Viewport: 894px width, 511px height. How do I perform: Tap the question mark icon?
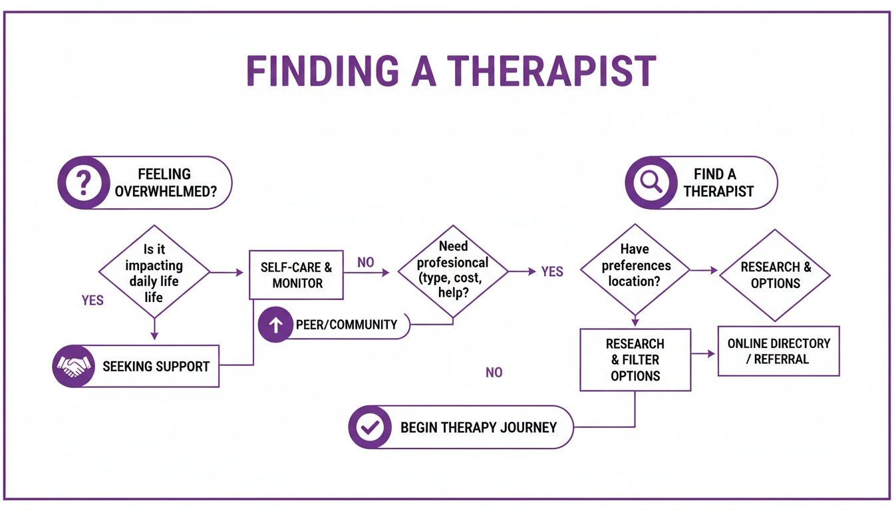click(x=83, y=182)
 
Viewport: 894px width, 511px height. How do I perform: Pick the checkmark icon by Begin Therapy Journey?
click(x=370, y=427)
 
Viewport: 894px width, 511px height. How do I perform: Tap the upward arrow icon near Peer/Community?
click(x=276, y=325)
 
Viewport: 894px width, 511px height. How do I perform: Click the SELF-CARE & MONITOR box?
click(x=297, y=275)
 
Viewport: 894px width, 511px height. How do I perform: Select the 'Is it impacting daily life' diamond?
click(x=154, y=272)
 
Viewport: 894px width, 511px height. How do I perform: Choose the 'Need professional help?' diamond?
click(x=453, y=271)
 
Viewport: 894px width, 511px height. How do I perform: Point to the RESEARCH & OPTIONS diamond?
click(x=775, y=275)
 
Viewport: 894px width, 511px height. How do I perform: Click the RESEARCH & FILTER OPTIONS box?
click(x=635, y=359)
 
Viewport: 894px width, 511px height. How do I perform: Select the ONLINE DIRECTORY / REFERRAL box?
click(x=778, y=351)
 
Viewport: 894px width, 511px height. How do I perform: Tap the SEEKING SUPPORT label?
click(x=156, y=367)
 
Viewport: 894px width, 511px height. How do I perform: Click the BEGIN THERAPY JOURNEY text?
click(x=478, y=428)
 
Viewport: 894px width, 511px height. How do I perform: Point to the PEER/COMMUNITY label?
click(x=346, y=325)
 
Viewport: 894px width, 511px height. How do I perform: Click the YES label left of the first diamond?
click(x=92, y=301)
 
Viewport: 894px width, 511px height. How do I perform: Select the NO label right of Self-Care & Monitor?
click(x=366, y=263)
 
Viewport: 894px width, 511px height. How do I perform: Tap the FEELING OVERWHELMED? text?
click(x=164, y=183)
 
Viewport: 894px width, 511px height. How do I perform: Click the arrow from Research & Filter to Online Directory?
click(x=704, y=354)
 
